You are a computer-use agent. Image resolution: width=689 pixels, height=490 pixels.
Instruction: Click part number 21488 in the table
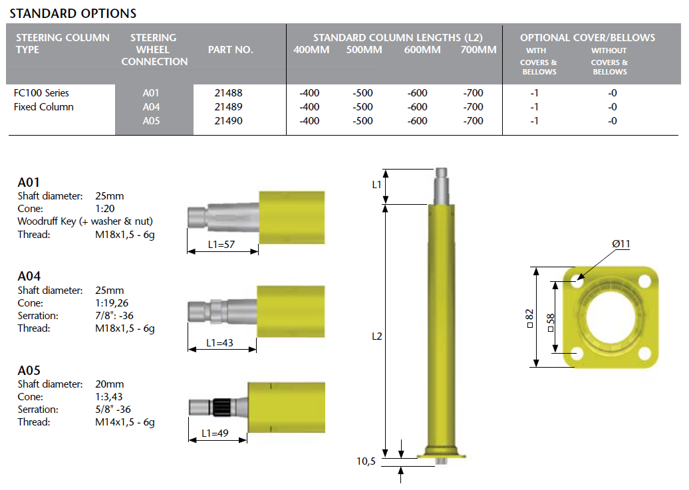229,92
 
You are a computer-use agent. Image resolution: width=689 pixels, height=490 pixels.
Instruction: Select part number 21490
229,121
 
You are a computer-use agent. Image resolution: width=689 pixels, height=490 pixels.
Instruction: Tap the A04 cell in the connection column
151,107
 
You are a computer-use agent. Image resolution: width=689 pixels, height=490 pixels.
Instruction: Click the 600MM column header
422,50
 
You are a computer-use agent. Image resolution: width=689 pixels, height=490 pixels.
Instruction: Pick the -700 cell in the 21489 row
473,107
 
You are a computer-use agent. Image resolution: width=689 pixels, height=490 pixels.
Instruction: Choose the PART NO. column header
231,50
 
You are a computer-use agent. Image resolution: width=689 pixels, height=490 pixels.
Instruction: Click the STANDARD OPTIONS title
73,13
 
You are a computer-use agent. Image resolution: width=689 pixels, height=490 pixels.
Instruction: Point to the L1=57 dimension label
221,245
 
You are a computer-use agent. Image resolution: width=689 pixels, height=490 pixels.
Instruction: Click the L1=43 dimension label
219,343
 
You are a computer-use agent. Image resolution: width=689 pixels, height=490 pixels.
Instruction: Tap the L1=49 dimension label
215,433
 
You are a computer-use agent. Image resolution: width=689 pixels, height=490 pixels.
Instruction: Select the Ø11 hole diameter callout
621,244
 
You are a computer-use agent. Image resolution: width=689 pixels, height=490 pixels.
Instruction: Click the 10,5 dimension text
366,461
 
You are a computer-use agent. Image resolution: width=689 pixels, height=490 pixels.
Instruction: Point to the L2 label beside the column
377,336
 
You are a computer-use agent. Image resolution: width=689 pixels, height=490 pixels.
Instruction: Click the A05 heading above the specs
29,370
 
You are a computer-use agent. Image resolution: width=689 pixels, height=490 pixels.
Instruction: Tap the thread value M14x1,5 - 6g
125,422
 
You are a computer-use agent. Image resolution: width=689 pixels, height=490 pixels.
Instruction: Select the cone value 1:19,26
112,303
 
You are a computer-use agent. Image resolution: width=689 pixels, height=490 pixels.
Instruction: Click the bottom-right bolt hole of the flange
644,352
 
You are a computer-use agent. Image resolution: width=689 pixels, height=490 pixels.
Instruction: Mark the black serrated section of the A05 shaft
219,408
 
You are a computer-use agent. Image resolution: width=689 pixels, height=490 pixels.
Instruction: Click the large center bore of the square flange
611,316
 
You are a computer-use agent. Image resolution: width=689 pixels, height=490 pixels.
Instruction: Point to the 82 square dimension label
529,318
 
